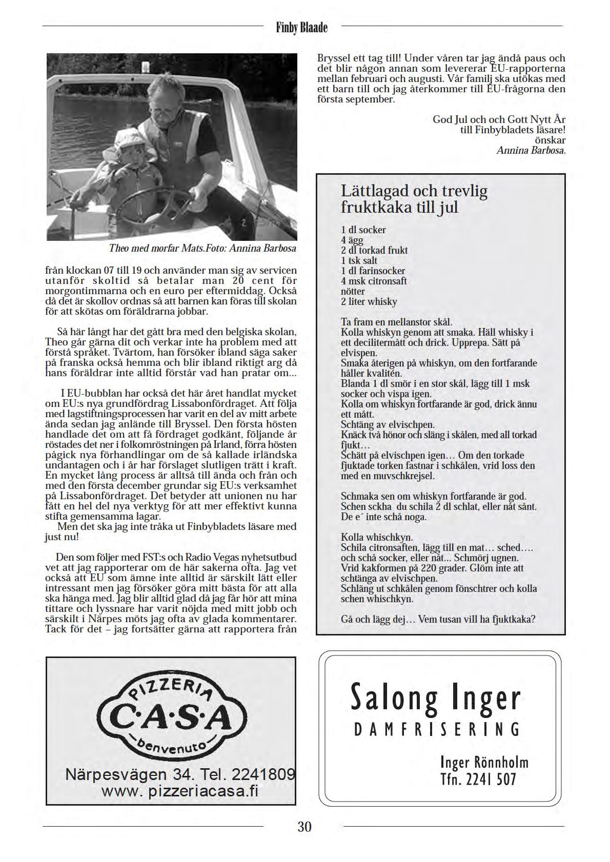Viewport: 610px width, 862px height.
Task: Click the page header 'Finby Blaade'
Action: coord(301,27)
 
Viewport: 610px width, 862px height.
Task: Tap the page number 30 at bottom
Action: coord(304,827)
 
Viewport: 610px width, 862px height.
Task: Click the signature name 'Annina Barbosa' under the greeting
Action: coord(531,151)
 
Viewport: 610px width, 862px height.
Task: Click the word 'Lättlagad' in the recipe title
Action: coord(375,191)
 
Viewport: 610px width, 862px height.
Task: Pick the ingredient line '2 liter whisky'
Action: coord(369,301)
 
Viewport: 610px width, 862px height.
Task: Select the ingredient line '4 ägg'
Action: coord(352,240)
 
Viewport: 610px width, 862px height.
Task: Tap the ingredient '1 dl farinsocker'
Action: coord(373,271)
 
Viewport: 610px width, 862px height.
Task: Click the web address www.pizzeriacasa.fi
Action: coord(180,791)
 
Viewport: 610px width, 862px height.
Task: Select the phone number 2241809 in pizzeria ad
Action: coord(264,774)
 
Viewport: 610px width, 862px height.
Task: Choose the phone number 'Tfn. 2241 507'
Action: coord(478,779)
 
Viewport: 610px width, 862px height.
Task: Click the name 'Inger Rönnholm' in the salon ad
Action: coord(484,763)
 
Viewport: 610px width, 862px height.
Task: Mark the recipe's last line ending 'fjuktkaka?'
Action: coord(438,619)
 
